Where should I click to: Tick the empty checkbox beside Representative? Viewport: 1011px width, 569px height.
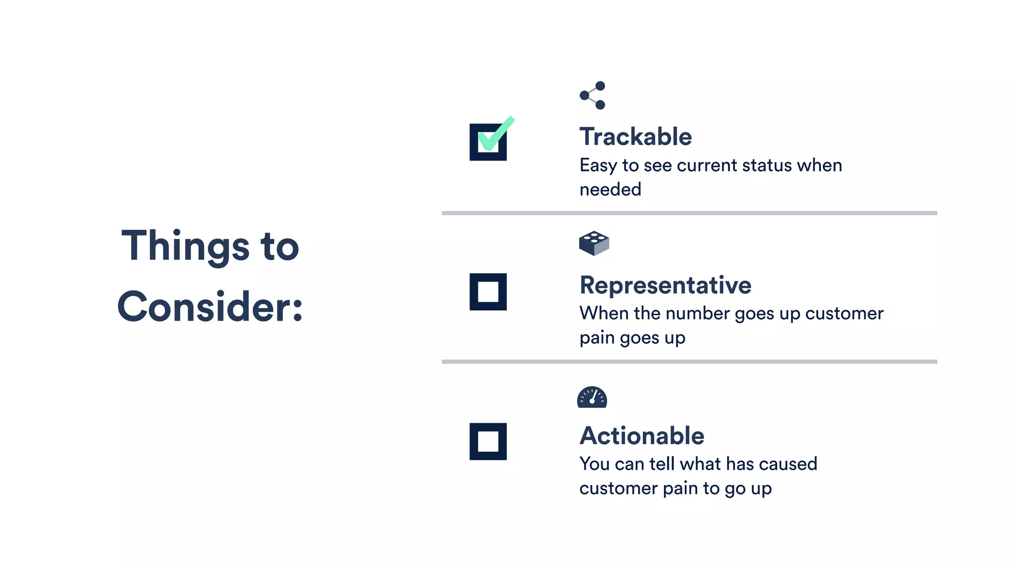(x=488, y=291)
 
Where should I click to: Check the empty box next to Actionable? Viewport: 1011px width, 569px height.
(x=488, y=441)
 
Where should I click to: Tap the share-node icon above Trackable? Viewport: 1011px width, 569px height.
(x=592, y=95)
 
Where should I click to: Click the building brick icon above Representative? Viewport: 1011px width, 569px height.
(x=594, y=243)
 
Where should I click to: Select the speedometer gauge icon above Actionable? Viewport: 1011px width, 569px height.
(x=592, y=397)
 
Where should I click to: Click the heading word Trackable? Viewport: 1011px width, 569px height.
(x=635, y=137)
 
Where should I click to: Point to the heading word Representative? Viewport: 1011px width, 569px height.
(x=665, y=285)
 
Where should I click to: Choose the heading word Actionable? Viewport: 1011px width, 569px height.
(x=642, y=436)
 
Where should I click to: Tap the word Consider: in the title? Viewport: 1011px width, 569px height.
(x=210, y=306)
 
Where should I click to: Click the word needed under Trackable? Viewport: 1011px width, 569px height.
(x=610, y=189)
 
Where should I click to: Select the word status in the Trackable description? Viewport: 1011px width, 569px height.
(x=767, y=165)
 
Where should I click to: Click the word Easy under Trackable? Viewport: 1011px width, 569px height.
(x=598, y=165)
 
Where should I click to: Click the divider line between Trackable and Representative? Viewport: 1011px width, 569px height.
(x=689, y=213)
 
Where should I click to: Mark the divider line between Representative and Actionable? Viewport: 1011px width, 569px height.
(x=689, y=362)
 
